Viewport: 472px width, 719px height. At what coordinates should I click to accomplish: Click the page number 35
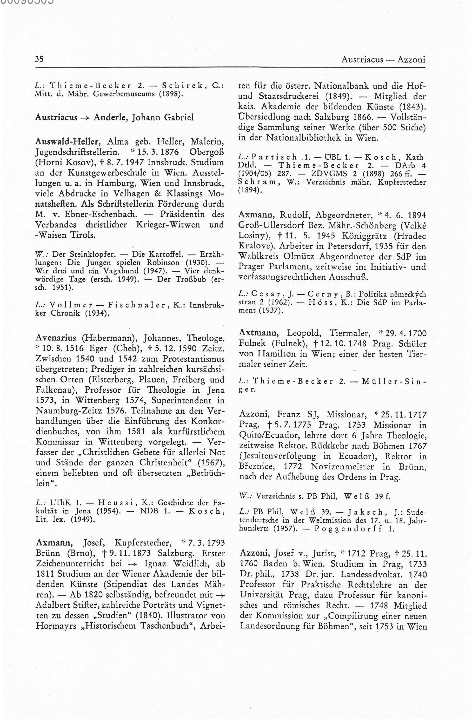39,59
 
